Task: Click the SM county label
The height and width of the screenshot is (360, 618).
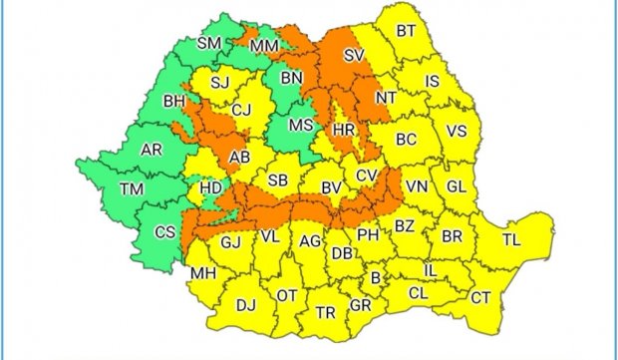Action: pyautogui.click(x=209, y=43)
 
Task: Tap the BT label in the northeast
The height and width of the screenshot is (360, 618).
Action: pyautogui.click(x=406, y=31)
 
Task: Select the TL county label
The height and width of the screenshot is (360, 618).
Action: pyautogui.click(x=511, y=240)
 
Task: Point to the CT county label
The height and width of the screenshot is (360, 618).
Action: pyautogui.click(x=480, y=297)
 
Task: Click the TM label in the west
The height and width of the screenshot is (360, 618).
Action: pyautogui.click(x=131, y=188)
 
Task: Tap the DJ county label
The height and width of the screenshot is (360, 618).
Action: pyautogui.click(x=242, y=307)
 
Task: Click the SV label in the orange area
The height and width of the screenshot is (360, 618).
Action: pyautogui.click(x=351, y=58)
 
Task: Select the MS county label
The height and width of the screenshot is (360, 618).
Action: pyautogui.click(x=300, y=126)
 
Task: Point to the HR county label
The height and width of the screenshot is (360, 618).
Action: pyautogui.click(x=344, y=131)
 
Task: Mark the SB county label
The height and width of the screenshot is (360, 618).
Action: pyautogui.click(x=278, y=180)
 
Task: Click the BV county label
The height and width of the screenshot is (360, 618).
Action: pyautogui.click(x=331, y=185)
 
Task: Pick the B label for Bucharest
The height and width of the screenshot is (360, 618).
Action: pyautogui.click(x=376, y=278)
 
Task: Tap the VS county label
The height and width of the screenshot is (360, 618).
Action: pyautogui.click(x=457, y=132)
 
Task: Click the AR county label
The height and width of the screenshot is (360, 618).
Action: pyautogui.click(x=152, y=150)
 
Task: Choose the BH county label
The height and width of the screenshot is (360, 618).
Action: pyautogui.click(x=174, y=101)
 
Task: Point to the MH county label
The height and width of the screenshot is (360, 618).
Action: pyautogui.click(x=203, y=272)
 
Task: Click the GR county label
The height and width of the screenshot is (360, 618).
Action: pyautogui.click(x=361, y=306)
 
